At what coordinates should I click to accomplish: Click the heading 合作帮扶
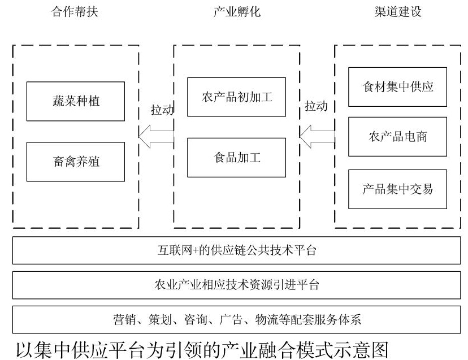(x=75, y=12)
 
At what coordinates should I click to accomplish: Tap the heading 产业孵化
(x=237, y=12)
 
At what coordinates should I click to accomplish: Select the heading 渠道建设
(x=398, y=12)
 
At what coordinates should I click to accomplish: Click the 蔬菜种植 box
(x=76, y=101)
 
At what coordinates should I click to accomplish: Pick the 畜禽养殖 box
(x=76, y=162)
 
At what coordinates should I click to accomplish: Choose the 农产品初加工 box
(x=236, y=97)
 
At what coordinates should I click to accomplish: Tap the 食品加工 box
(x=236, y=157)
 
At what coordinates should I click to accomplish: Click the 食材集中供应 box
(x=397, y=87)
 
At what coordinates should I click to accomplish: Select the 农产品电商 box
(x=397, y=136)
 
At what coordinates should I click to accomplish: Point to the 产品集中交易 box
(x=397, y=189)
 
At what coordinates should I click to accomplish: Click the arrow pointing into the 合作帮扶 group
(x=156, y=136)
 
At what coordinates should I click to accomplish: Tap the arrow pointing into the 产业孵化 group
(x=317, y=136)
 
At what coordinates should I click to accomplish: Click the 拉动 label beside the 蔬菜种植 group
(x=162, y=110)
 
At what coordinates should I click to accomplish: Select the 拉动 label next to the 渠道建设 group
(x=316, y=106)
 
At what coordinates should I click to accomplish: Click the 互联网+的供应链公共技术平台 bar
(x=236, y=250)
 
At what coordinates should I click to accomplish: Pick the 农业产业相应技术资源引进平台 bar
(x=236, y=285)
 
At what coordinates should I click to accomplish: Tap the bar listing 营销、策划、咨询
(x=236, y=319)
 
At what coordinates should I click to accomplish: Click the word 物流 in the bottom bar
(x=267, y=320)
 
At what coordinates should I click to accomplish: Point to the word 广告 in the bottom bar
(x=231, y=320)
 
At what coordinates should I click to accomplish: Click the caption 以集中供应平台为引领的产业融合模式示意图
(x=202, y=350)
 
